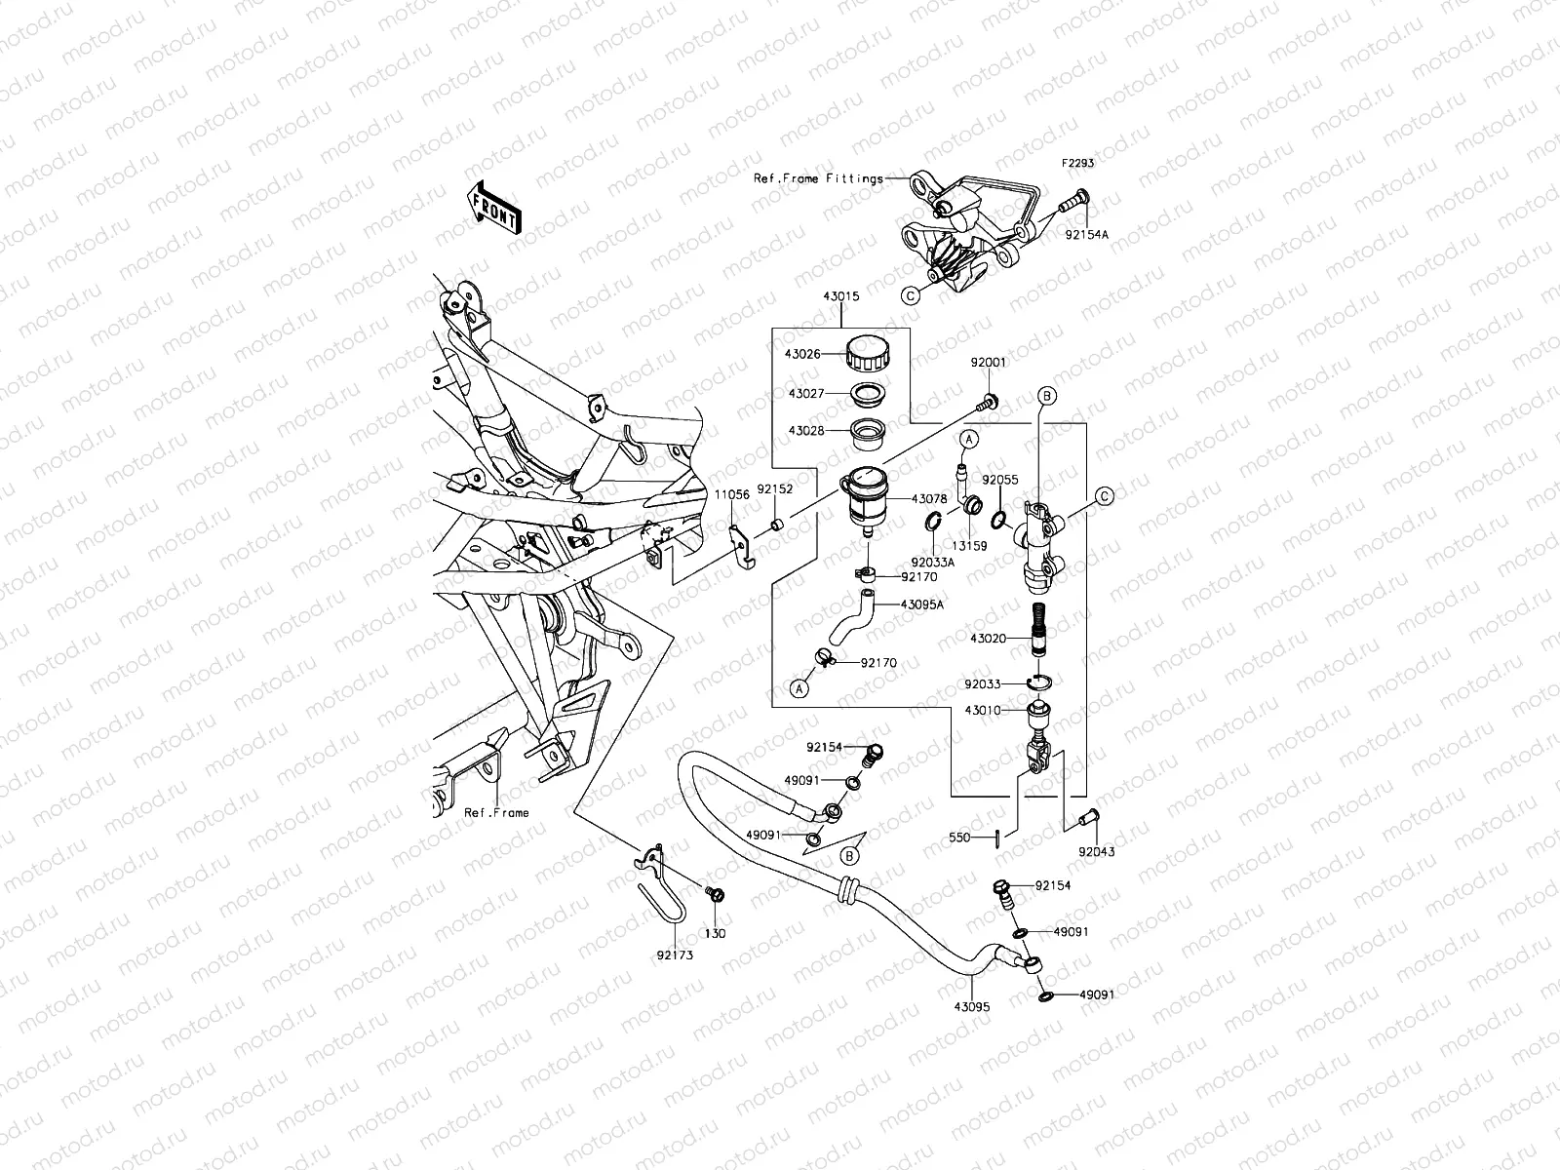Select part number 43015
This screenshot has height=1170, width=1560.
pyautogui.click(x=840, y=294)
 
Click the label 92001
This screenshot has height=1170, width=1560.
pyautogui.click(x=988, y=362)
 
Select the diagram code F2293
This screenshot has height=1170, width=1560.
pyautogui.click(x=1078, y=164)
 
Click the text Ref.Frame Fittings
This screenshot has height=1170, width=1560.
pyautogui.click(x=832, y=178)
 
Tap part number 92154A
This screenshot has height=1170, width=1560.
pyautogui.click(x=1086, y=235)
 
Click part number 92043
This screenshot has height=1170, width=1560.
pyautogui.click(x=1096, y=851)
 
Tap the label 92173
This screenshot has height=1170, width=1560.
pyautogui.click(x=675, y=955)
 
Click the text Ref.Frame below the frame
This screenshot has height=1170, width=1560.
pyautogui.click(x=496, y=812)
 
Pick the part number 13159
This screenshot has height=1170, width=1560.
pyautogui.click(x=970, y=546)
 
